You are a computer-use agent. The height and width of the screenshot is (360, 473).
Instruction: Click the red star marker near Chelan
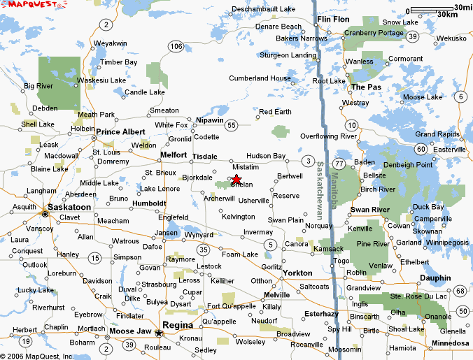click(x=236, y=180)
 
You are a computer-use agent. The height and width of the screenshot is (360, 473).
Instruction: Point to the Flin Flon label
click(x=332, y=19)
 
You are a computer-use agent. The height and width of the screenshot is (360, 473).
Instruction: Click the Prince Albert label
click(x=120, y=131)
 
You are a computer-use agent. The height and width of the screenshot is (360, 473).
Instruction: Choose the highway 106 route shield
click(x=176, y=45)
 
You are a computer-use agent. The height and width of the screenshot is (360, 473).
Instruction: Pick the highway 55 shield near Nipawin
click(x=231, y=124)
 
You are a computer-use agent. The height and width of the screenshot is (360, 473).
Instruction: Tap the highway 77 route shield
click(x=339, y=164)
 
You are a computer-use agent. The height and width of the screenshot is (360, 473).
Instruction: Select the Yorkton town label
click(x=299, y=273)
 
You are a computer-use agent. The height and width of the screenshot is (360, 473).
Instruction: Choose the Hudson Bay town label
click(x=266, y=156)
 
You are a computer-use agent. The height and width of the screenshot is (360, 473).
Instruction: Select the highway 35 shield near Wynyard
click(x=203, y=249)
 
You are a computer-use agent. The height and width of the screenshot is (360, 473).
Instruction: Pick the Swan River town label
click(x=369, y=210)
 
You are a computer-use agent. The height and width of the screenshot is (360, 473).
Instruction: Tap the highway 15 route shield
click(x=94, y=259)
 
